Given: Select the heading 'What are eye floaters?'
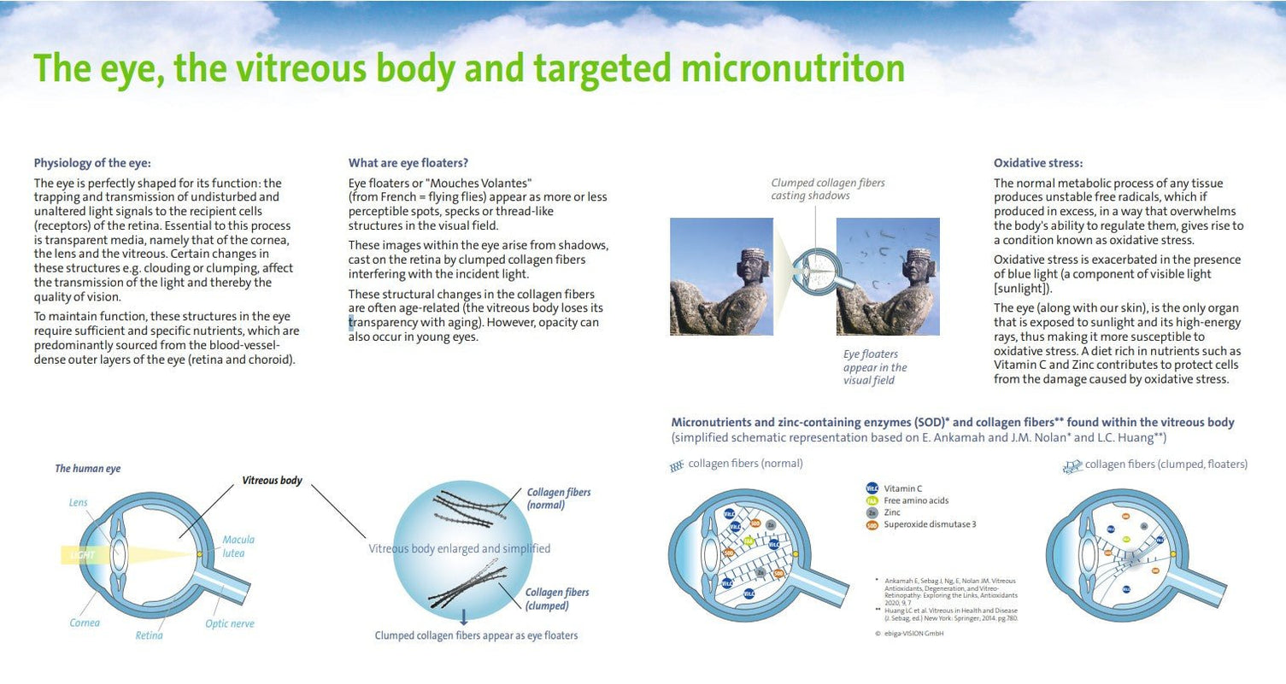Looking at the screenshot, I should tap(408, 162).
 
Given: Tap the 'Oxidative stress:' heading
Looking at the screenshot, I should tap(1038, 162).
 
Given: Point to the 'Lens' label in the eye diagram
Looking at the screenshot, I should tap(78, 503).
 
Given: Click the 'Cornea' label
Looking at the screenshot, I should tap(85, 623).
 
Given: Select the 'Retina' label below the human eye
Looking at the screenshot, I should tap(149, 635).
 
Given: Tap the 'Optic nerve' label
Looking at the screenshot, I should tap(229, 623).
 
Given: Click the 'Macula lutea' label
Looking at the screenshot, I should tap(238, 546).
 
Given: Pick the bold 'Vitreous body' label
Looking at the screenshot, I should tap(272, 481).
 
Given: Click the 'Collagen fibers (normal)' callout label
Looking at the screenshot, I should tap(558, 499).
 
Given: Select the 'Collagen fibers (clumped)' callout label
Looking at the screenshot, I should tap(556, 599).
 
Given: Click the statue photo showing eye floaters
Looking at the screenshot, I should tap(887, 276).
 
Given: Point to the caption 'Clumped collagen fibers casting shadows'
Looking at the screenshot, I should tap(827, 190).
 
